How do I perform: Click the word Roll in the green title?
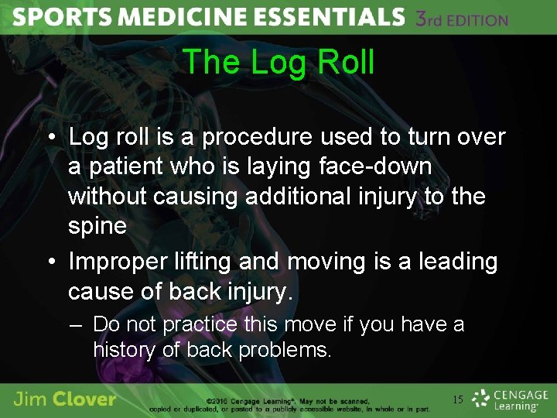click(x=343, y=62)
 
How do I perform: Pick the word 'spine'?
click(x=97, y=226)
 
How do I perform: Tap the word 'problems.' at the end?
click(x=285, y=350)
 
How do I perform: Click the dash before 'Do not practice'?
click(x=75, y=324)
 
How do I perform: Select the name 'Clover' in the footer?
click(x=87, y=399)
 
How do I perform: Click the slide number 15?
click(x=458, y=399)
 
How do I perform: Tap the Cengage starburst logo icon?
click(x=481, y=398)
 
